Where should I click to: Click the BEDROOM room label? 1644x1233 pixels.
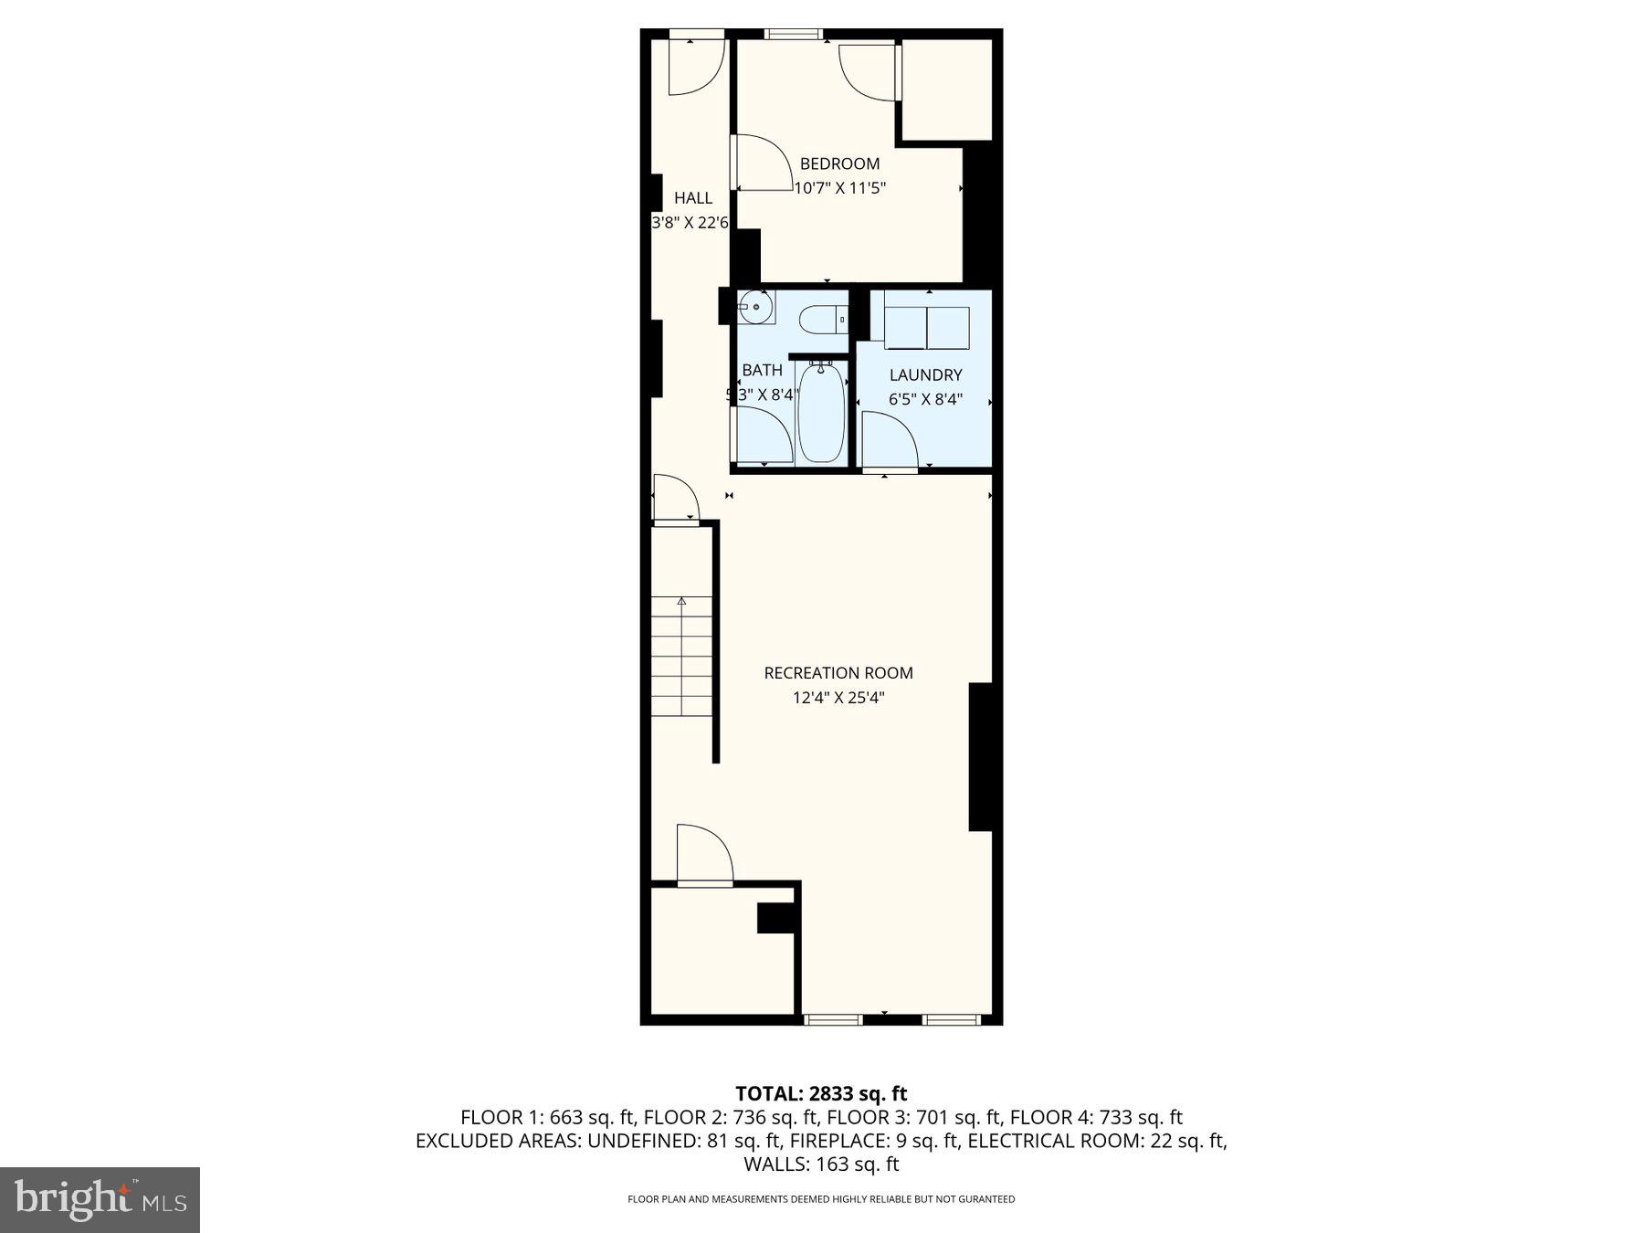(x=839, y=164)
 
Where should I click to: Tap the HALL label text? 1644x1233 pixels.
(x=693, y=198)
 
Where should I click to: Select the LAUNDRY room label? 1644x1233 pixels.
(x=925, y=375)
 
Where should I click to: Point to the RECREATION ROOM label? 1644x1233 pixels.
(x=838, y=673)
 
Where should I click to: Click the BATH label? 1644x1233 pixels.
(x=762, y=370)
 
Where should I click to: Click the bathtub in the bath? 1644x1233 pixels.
(x=821, y=413)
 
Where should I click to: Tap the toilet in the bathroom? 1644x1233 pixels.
(x=822, y=320)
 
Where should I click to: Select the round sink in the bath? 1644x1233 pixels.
(x=756, y=307)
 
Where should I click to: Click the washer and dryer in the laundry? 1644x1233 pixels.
(x=926, y=328)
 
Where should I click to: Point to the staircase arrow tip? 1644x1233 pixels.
(x=681, y=601)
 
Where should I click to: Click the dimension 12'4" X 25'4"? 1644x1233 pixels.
(x=838, y=699)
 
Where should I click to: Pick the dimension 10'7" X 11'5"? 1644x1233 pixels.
(x=840, y=189)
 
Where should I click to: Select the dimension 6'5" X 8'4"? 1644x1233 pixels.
(x=925, y=399)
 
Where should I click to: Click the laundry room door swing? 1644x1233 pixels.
(x=890, y=440)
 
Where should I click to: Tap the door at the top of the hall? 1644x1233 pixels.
(x=696, y=67)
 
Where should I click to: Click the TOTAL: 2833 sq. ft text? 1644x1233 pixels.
(x=821, y=1093)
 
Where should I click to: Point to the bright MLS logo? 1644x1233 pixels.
(x=100, y=1199)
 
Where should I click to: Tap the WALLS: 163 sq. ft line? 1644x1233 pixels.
(x=821, y=1164)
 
